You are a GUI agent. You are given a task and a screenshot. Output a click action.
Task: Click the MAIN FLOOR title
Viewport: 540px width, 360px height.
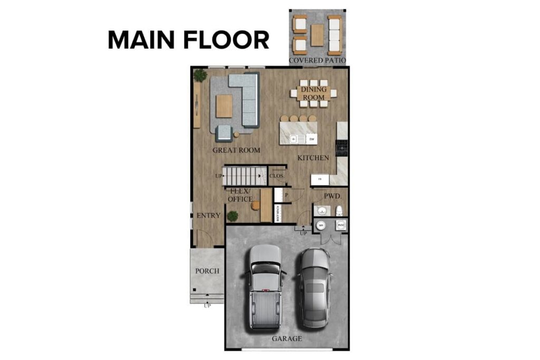click(188, 41)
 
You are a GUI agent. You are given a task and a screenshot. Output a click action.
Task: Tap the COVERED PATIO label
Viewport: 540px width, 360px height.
click(317, 61)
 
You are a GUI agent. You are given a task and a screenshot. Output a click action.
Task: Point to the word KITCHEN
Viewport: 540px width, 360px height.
click(313, 158)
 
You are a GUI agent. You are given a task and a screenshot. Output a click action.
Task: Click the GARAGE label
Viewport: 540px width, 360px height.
click(287, 338)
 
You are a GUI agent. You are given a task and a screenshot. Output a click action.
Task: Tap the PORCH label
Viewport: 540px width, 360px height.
click(207, 271)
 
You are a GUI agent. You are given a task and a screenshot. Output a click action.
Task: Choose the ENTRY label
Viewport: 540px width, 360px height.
click(208, 216)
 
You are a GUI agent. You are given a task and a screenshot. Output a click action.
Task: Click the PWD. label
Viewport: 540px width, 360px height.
click(333, 196)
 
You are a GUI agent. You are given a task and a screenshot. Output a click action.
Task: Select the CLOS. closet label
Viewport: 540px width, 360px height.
click(277, 176)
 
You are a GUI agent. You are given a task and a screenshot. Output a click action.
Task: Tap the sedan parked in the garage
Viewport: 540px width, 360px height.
click(315, 287)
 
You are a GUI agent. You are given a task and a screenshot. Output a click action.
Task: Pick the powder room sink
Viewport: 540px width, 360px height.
click(321, 211)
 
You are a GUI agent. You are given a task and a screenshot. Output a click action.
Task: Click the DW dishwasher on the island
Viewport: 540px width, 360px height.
click(312, 139)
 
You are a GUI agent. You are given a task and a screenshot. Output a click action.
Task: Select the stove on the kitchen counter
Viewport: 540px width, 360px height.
click(342, 148)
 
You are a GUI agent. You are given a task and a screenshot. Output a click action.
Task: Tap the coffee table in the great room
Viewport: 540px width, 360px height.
click(224, 106)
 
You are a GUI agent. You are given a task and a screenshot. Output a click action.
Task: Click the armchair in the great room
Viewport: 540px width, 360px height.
click(224, 133)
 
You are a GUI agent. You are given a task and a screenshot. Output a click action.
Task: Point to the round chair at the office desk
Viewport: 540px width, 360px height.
click(256, 205)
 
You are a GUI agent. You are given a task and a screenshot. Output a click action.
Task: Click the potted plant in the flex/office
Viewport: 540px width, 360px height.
click(232, 216)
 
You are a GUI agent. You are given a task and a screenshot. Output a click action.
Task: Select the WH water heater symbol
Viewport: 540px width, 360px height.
click(321, 226)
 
